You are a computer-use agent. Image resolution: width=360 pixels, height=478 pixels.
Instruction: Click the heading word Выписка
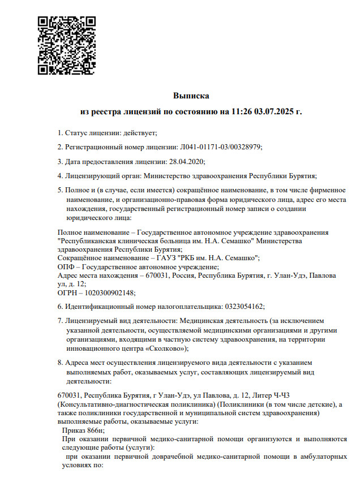191,96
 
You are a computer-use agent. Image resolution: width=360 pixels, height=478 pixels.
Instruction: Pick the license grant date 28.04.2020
186,161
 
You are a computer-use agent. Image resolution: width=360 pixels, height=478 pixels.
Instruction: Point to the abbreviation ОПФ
66,266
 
